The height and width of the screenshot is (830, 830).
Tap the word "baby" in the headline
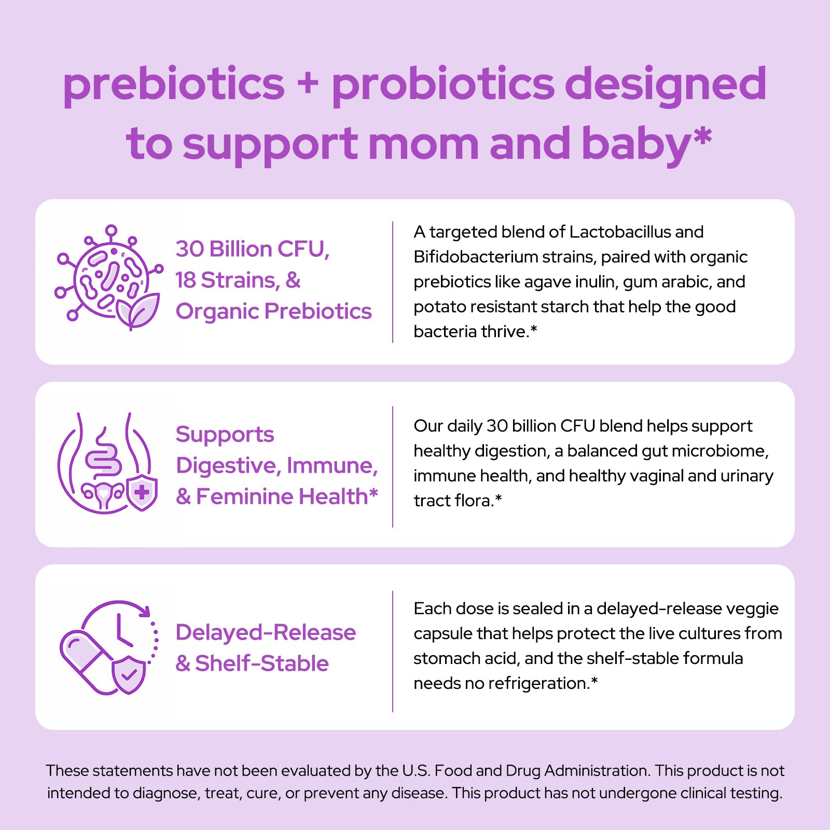pyautogui.click(x=637, y=144)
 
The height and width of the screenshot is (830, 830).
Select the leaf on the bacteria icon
pyautogui.click(x=139, y=311)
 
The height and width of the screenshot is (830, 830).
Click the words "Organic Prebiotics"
pyautogui.click(x=273, y=312)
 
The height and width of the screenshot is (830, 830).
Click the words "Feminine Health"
pyautogui.click(x=282, y=496)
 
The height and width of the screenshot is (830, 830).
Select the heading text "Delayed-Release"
pyautogui.click(x=266, y=632)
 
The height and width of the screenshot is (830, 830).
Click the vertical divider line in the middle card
pyautogui.click(x=393, y=467)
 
